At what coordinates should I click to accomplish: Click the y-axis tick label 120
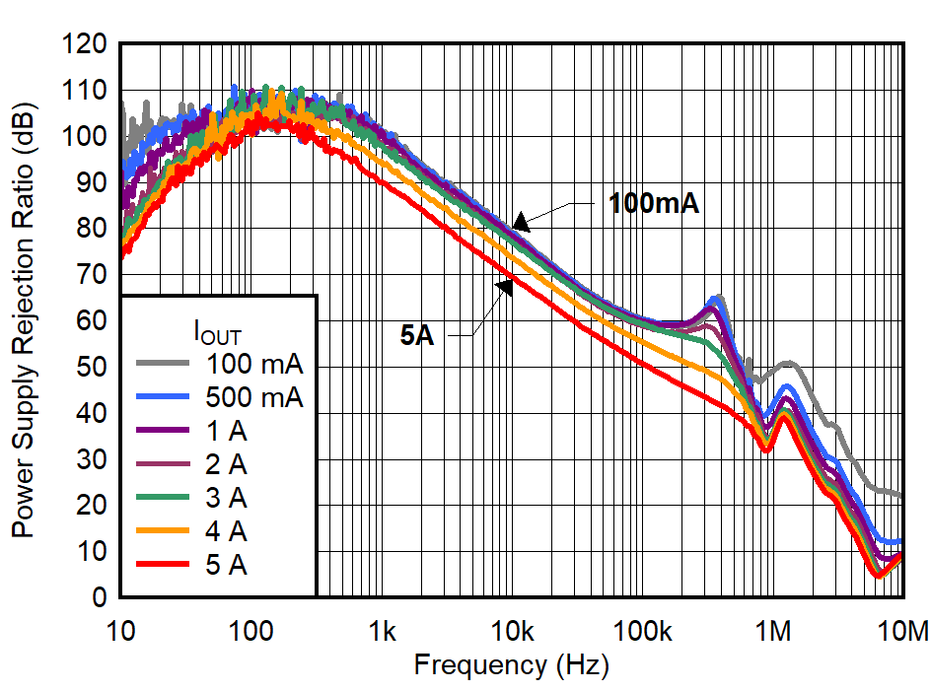[85, 43]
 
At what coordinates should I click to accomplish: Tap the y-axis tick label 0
[101, 597]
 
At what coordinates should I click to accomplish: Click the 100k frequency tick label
[642, 628]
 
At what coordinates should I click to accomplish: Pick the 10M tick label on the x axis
[902, 628]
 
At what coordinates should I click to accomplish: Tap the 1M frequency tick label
[773, 628]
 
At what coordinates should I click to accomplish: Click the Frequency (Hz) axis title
[511, 664]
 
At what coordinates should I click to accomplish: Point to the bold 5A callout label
[417, 335]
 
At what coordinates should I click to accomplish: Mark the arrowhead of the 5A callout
[505, 285]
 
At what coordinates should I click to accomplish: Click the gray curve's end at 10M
[899, 495]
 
